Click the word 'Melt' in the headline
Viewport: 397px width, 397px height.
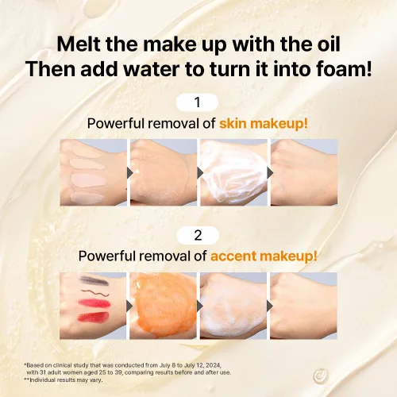79,44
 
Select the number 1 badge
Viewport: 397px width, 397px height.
197,102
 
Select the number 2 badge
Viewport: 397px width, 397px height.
198,235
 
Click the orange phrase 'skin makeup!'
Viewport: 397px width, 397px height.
264,124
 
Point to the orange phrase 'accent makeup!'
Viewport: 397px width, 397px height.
264,256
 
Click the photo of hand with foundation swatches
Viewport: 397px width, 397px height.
94,172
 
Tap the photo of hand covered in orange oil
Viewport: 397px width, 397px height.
163,306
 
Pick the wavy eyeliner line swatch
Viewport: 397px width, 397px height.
95,293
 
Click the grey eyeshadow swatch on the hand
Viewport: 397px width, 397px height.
94,280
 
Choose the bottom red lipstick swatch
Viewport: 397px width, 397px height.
93,317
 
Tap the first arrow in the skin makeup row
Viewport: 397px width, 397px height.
129,173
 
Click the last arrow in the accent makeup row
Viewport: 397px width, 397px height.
270,306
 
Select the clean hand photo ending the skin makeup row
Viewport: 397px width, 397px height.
304,172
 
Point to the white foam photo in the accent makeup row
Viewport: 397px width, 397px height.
233,306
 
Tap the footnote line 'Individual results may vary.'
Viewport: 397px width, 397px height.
64,380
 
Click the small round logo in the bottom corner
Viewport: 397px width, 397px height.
321,376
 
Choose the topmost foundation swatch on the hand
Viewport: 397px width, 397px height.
87,152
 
